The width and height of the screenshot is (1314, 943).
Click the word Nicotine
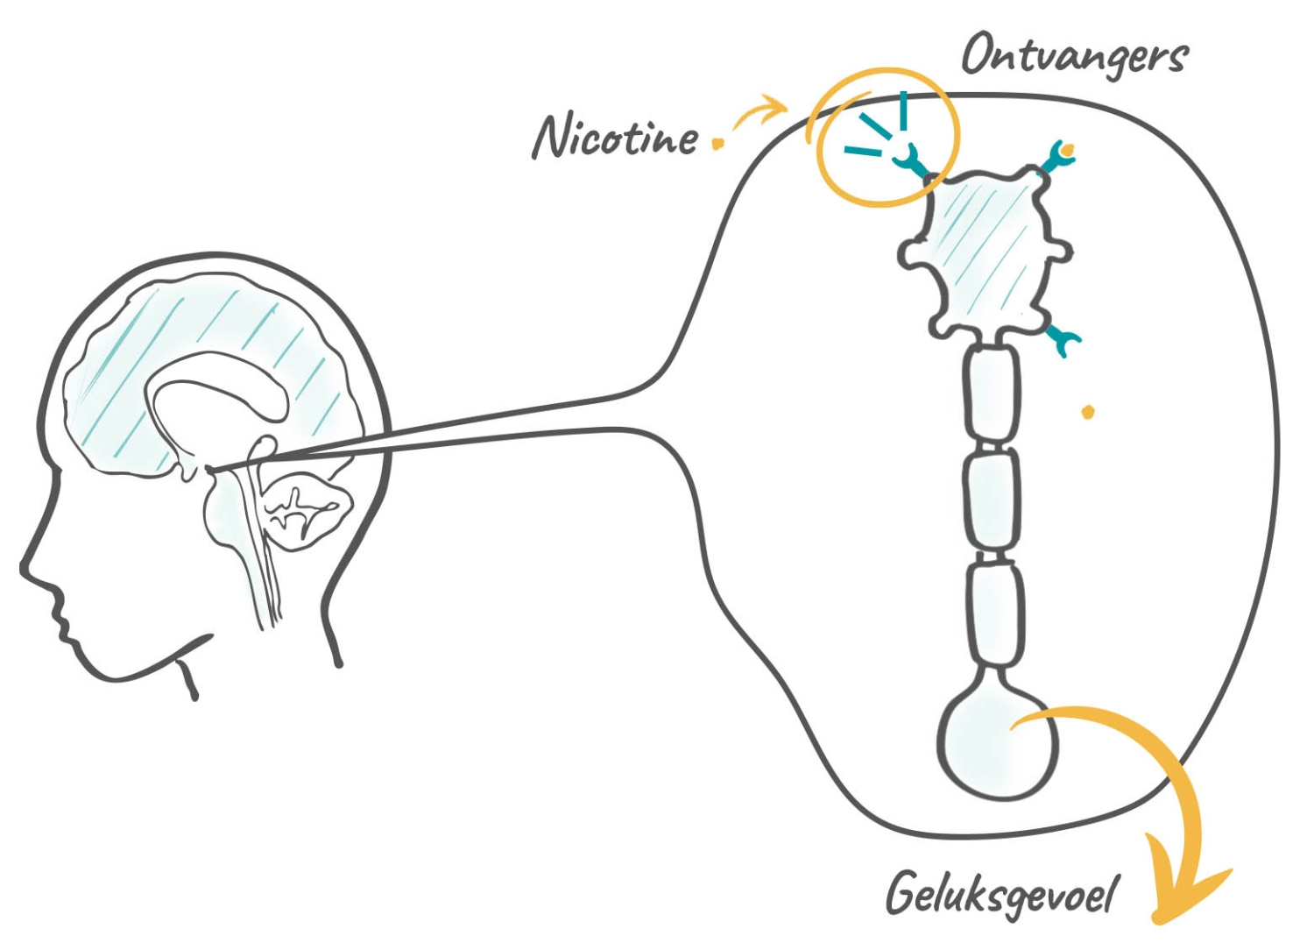coord(615,138)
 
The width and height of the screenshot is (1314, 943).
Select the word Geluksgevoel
coord(1001,896)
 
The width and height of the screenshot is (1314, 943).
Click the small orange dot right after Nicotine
coord(718,143)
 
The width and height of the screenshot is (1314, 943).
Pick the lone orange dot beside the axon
coord(1088,412)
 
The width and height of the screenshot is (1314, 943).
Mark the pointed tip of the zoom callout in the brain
coord(212,470)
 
